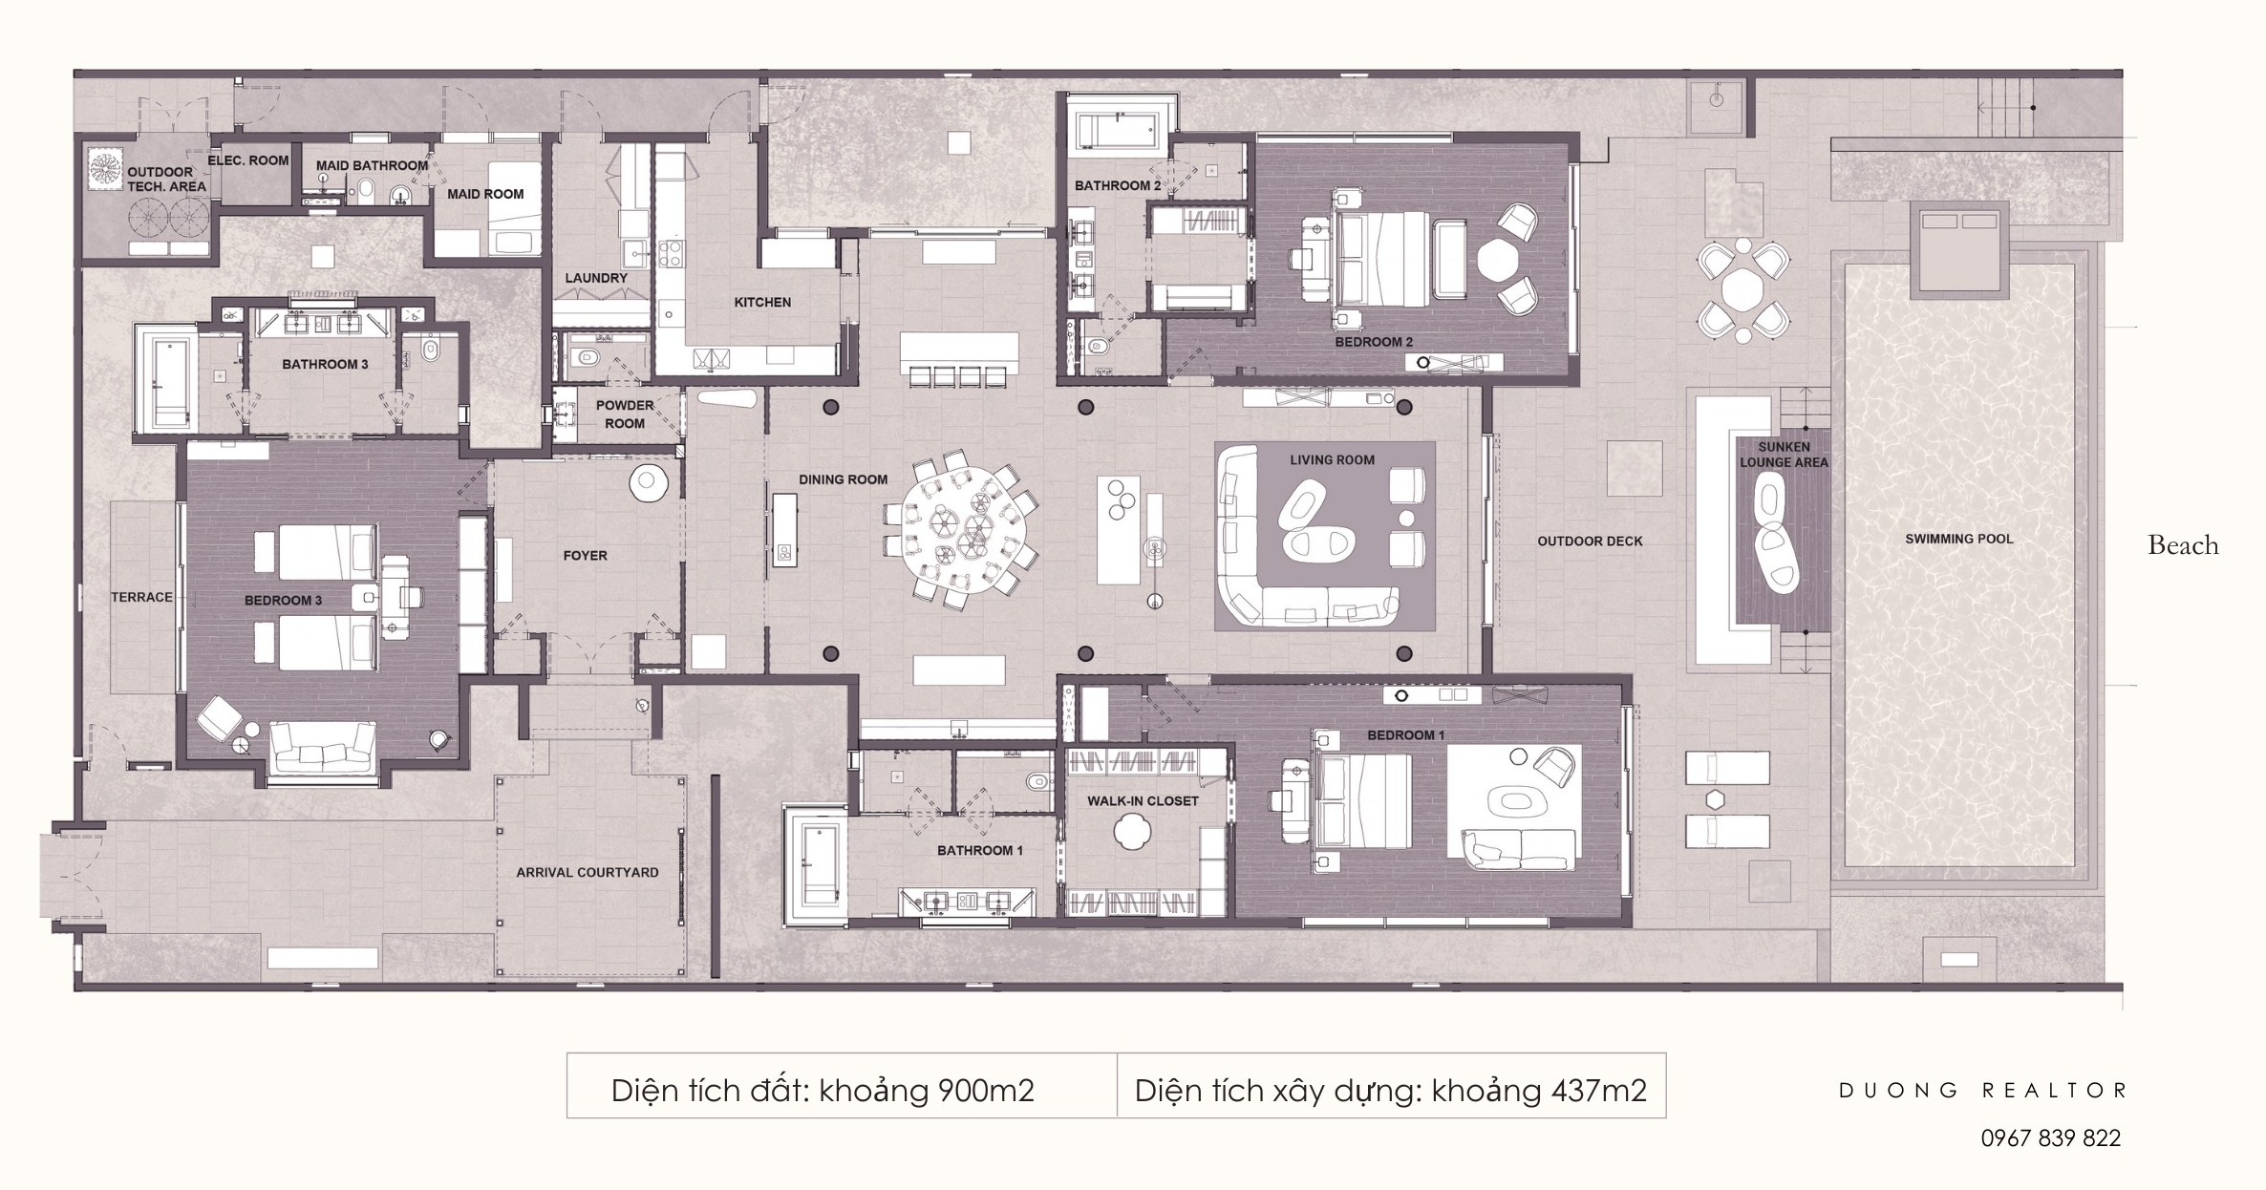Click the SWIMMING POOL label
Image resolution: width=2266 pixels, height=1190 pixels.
click(x=1958, y=539)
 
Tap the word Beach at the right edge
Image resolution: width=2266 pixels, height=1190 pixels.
click(x=2183, y=545)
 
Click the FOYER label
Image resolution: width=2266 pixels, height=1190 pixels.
click(x=585, y=555)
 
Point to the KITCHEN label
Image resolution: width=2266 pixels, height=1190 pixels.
click(x=762, y=302)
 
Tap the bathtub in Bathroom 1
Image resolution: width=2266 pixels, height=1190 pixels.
click(x=813, y=865)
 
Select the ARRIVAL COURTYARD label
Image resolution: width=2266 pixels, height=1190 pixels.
click(x=587, y=872)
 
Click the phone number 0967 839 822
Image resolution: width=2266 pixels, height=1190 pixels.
click(x=2050, y=1137)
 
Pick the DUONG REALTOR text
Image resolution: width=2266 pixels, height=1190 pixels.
click(x=1982, y=1090)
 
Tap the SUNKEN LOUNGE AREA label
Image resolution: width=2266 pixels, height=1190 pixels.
click(x=1783, y=455)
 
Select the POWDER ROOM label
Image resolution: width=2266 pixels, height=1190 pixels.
click(x=625, y=414)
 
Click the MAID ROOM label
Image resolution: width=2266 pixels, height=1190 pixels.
click(x=485, y=194)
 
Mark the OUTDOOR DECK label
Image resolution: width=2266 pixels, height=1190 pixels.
click(x=1590, y=541)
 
